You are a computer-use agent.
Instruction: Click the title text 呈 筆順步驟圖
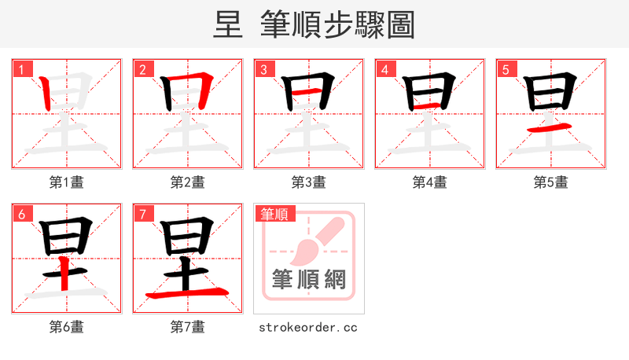(x=314, y=24)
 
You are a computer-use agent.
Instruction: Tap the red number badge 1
(x=21, y=69)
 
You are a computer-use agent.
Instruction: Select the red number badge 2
(x=142, y=69)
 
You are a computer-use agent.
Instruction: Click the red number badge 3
(x=263, y=69)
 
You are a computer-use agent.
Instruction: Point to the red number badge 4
(x=384, y=69)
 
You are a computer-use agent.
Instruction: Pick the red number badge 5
(x=506, y=69)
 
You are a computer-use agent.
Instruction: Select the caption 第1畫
(x=67, y=182)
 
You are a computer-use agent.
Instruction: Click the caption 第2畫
(x=188, y=182)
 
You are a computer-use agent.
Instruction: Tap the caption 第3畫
(x=309, y=182)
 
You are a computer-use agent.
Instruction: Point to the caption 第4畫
(x=430, y=182)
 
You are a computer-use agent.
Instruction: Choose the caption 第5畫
(x=551, y=182)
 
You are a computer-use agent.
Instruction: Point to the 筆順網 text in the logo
(x=309, y=279)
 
